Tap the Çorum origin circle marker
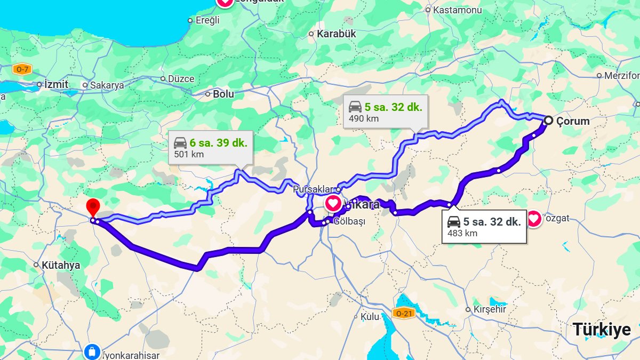click(548, 121)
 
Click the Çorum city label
click(573, 121)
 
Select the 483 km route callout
click(484, 227)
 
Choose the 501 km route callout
click(210, 148)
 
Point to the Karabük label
click(336, 34)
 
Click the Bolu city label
click(223, 94)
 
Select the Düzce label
click(181, 78)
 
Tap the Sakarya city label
click(107, 85)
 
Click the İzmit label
click(56, 84)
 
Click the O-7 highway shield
click(22, 69)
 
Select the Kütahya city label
click(60, 265)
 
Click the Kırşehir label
click(490, 309)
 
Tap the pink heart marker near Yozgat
click(533, 218)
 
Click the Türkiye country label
click(602, 330)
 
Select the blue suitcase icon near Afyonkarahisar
click(92, 351)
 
